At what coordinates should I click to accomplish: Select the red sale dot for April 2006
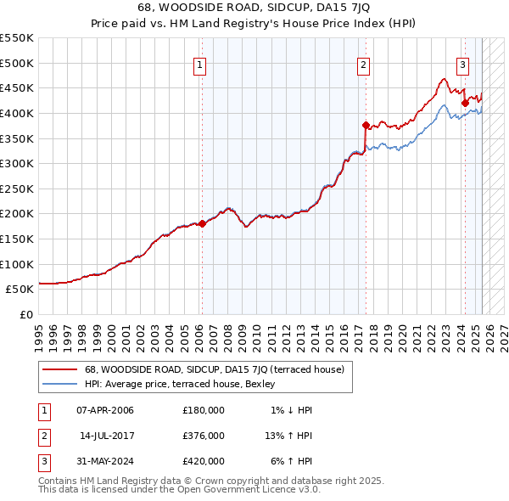coord(202,223)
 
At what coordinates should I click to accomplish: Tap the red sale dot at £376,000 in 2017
coord(366,125)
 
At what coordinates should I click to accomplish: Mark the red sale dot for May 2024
coord(465,103)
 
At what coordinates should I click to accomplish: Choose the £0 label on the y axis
coord(26,314)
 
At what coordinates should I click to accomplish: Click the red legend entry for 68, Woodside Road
coord(214,369)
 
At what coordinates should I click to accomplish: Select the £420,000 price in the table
coord(203,461)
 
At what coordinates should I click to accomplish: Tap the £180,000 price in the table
coord(203,410)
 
